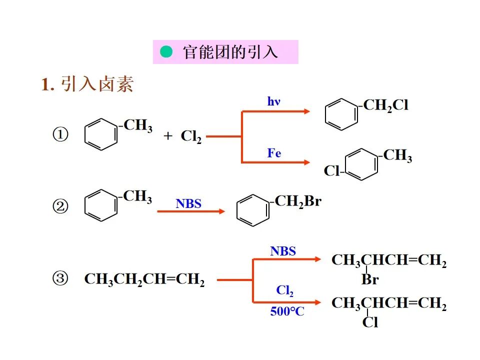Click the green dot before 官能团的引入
pyautogui.click(x=166, y=52)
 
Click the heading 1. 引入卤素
pyautogui.click(x=87, y=84)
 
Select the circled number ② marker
pyautogui.click(x=60, y=206)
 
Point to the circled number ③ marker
pyautogui.click(x=60, y=279)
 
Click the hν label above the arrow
pyautogui.click(x=273, y=101)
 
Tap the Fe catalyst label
pyautogui.click(x=274, y=153)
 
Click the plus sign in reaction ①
pyautogui.click(x=168, y=136)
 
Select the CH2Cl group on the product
pyautogui.click(x=385, y=105)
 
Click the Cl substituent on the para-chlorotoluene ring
pyautogui.click(x=331, y=171)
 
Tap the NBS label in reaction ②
pyautogui.click(x=188, y=203)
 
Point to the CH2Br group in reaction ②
pyautogui.click(x=297, y=202)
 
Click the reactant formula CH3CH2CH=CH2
pyautogui.click(x=144, y=279)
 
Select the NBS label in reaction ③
pyautogui.click(x=283, y=251)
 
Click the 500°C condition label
pyautogui.click(x=287, y=311)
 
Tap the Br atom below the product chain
pyautogui.click(x=370, y=279)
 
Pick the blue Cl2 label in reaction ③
pyautogui.click(x=284, y=290)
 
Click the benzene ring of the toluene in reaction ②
pyautogui.click(x=100, y=204)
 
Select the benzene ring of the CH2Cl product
pyautogui.click(x=342, y=114)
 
